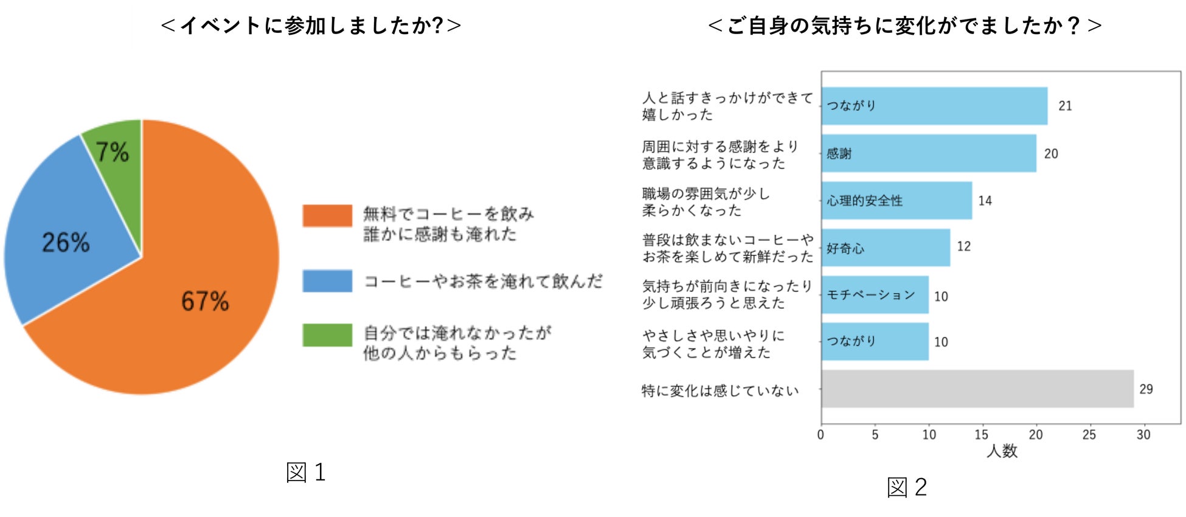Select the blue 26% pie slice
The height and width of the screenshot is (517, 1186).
(x=67, y=237)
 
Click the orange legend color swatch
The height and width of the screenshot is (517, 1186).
(x=327, y=216)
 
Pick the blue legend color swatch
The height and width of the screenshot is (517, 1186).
(x=327, y=281)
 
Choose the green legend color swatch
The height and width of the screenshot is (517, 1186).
(x=327, y=335)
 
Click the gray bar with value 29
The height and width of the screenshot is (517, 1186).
(x=977, y=389)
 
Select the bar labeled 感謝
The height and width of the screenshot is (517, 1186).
(x=928, y=153)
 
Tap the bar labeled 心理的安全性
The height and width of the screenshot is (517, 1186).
(x=896, y=201)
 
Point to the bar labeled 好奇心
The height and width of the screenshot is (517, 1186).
(x=885, y=248)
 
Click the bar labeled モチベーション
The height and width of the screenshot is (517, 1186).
(x=874, y=295)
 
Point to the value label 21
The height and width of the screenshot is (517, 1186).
(x=1065, y=106)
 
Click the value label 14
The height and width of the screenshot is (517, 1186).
(x=985, y=201)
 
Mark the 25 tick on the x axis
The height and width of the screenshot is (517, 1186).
(x=1089, y=435)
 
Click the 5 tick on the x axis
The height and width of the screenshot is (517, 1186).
(x=875, y=435)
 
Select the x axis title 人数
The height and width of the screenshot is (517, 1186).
(x=1002, y=451)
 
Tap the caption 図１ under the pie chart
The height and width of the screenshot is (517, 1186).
(x=306, y=473)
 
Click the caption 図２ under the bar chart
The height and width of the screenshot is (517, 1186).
(x=907, y=487)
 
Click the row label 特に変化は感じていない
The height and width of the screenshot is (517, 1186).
(x=720, y=390)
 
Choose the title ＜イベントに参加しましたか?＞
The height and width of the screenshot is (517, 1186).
(x=311, y=26)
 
